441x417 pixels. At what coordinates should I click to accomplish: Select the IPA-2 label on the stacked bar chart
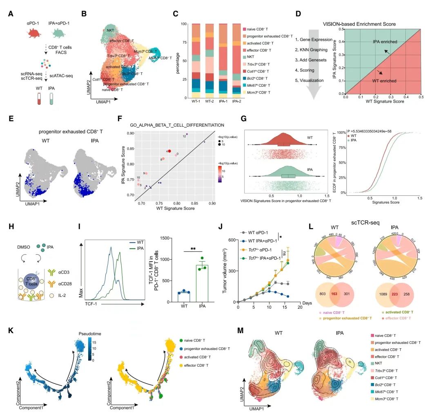pyautogui.click(x=236, y=102)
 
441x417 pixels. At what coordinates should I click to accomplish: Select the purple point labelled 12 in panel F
pyautogui.click(x=187, y=134)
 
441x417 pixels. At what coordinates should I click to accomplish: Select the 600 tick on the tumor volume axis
pyautogui.click(x=231, y=240)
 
